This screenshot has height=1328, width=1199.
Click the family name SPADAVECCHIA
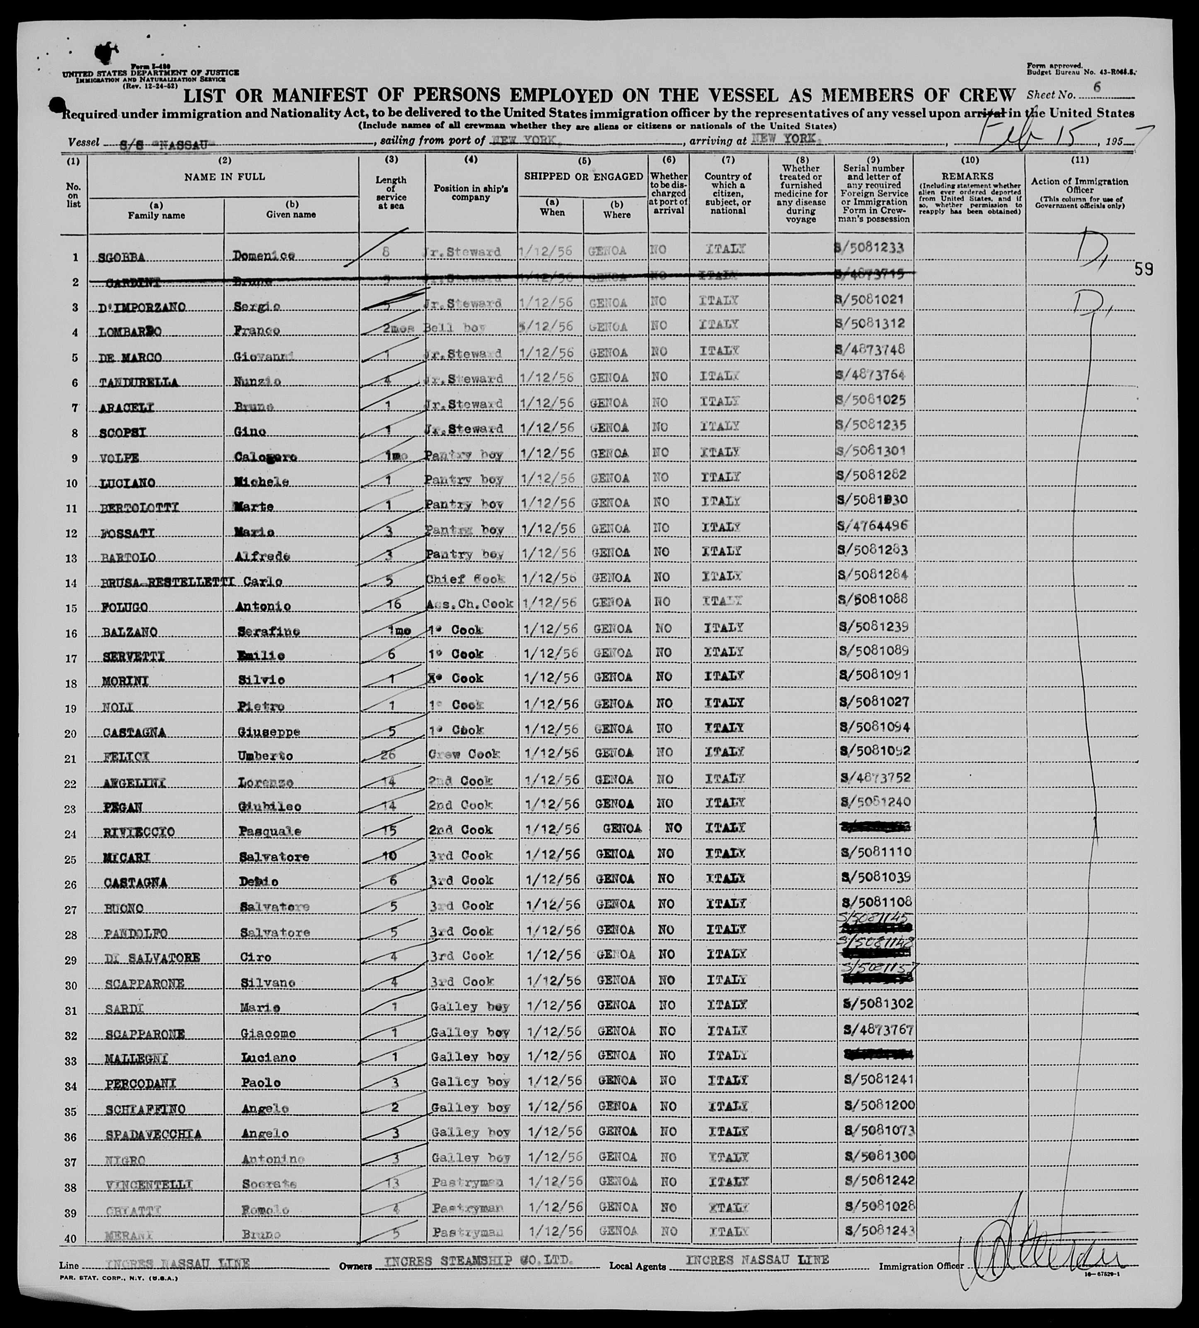(153, 1134)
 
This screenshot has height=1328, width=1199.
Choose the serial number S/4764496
(872, 526)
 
